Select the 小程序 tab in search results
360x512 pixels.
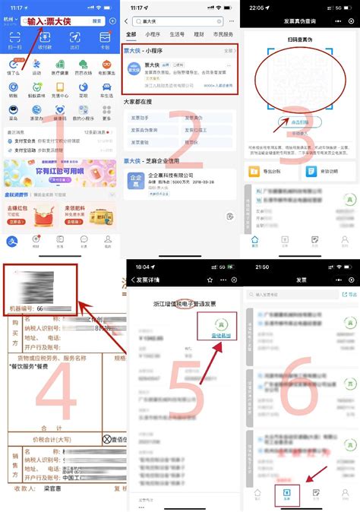coord(153,34)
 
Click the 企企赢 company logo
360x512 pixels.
coord(136,181)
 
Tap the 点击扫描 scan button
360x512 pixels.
coord(283,122)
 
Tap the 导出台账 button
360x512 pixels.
coord(266,172)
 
